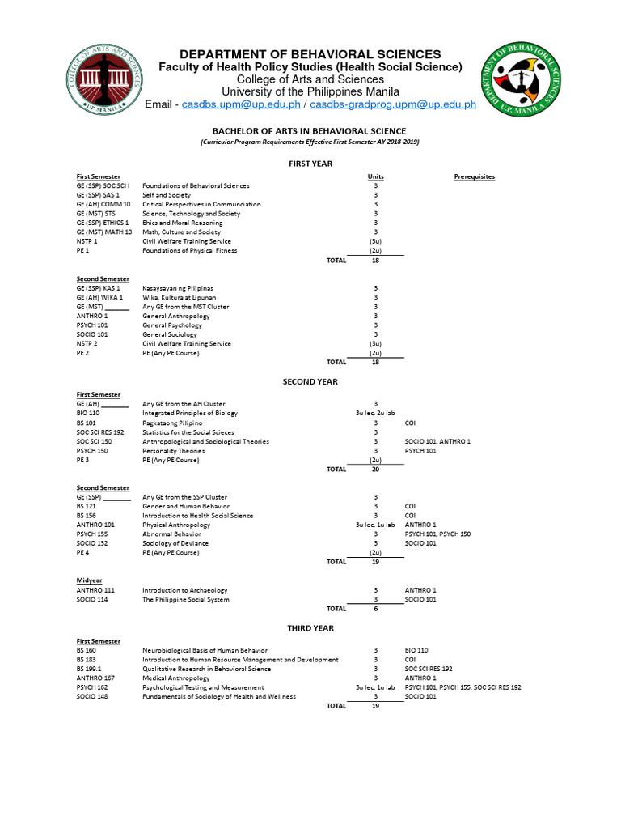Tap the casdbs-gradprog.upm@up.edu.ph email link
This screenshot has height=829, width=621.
(393, 104)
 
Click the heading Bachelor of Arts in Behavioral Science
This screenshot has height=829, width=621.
(310, 130)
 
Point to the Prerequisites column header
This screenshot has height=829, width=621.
(475, 176)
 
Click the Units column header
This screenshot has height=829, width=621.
(375, 176)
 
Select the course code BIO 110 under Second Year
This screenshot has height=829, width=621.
(88, 413)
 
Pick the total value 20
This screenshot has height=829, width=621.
(375, 469)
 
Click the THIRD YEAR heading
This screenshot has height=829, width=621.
(310, 627)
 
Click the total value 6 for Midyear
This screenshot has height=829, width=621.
(375, 609)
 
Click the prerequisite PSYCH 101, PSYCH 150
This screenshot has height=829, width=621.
(437, 534)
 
